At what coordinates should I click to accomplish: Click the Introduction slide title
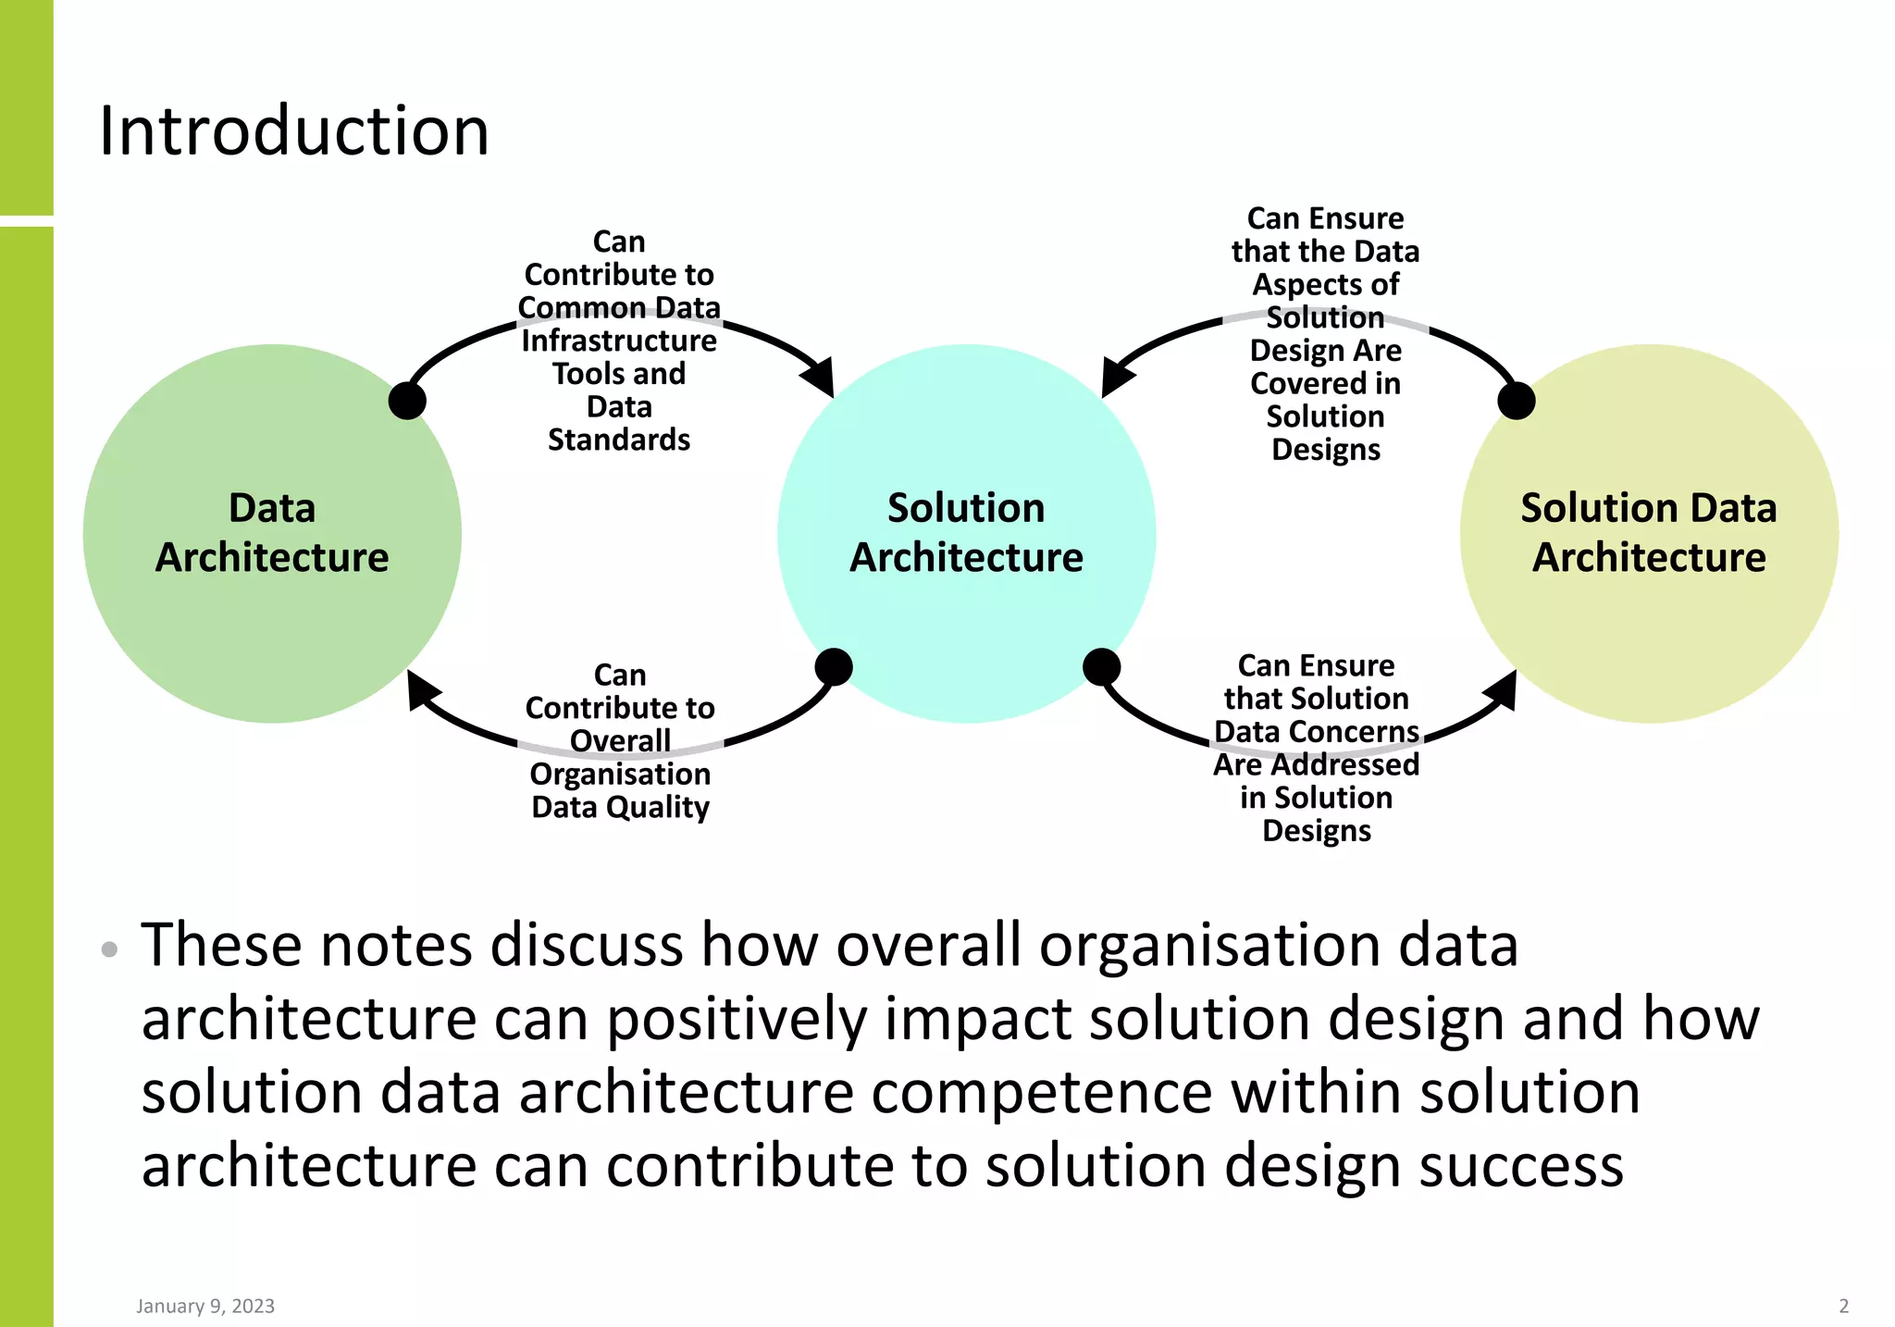point(293,131)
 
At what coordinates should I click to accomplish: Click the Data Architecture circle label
point(272,533)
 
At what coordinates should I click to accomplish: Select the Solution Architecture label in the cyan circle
point(966,533)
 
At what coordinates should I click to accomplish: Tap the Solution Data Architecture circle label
point(1649,533)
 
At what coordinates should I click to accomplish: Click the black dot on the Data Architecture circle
point(407,401)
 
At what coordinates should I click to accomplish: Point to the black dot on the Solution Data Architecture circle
point(1517,401)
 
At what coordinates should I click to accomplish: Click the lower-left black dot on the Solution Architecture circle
point(834,666)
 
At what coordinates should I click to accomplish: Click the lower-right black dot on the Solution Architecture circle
point(1101,666)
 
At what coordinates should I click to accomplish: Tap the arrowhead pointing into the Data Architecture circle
point(421,688)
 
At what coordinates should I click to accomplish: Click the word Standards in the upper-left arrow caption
point(619,440)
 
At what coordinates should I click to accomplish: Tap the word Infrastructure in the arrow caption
point(619,341)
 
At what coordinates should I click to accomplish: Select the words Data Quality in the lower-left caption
point(620,807)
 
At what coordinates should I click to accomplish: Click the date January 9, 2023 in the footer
point(205,1306)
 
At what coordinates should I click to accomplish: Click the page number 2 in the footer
point(1843,1306)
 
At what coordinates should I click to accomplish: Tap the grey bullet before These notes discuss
point(109,949)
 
